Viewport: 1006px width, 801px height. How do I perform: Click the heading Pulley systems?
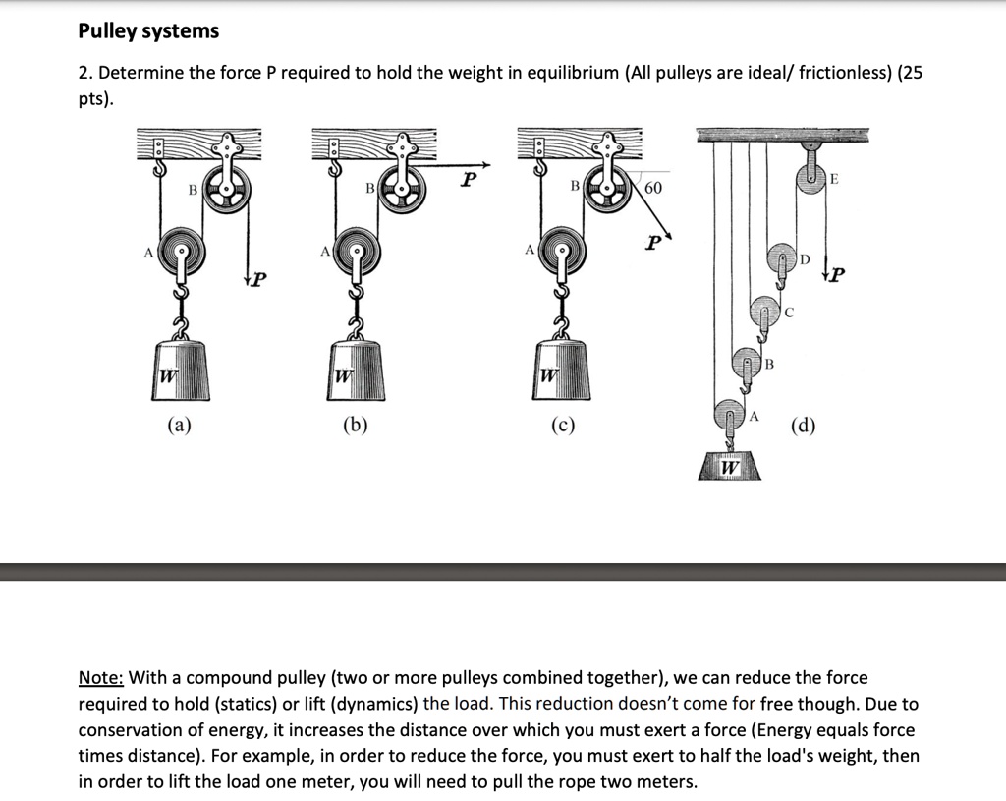[148, 31]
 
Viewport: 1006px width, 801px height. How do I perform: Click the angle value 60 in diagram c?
[653, 188]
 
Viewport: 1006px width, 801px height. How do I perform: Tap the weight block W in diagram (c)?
[563, 373]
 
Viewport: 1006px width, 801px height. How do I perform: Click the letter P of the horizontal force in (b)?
[470, 180]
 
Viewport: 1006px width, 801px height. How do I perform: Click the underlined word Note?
[101, 678]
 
